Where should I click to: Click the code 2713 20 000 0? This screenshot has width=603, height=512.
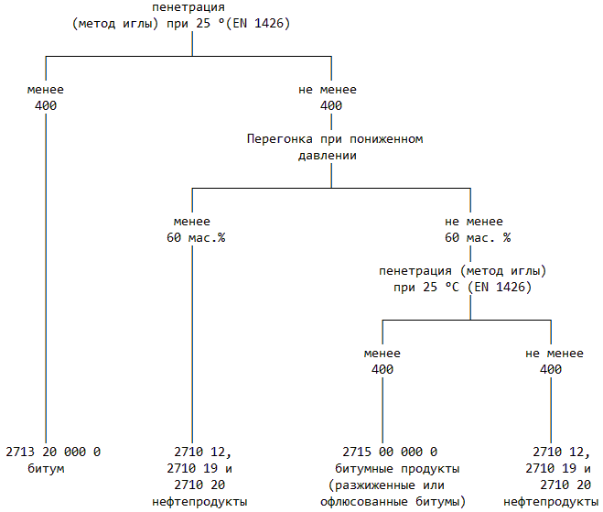click(x=53, y=452)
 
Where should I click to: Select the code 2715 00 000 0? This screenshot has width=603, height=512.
click(x=390, y=452)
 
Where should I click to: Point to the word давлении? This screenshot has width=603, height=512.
click(x=327, y=156)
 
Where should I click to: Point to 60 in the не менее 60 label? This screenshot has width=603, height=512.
click(x=452, y=238)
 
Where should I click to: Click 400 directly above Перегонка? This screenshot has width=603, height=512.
click(x=331, y=106)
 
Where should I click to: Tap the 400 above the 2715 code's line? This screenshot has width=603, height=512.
click(x=382, y=369)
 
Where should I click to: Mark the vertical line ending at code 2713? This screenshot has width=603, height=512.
click(x=46, y=275)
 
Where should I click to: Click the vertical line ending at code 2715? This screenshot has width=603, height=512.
click(x=382, y=408)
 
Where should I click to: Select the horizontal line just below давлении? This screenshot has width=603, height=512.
click(x=331, y=188)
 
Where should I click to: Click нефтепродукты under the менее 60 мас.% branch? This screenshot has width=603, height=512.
click(x=199, y=501)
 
